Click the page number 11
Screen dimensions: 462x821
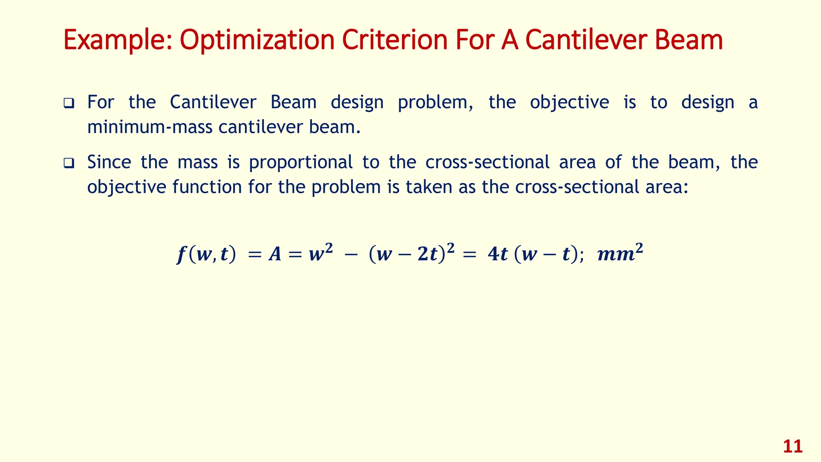(x=793, y=447)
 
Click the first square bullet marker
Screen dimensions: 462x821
(x=69, y=103)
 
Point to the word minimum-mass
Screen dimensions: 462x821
(x=150, y=127)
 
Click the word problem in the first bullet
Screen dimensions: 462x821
(x=436, y=102)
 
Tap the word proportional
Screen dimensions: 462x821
(x=301, y=162)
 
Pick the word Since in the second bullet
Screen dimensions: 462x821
(x=109, y=162)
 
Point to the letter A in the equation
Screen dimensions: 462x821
(x=275, y=254)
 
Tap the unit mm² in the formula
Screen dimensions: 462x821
(x=620, y=253)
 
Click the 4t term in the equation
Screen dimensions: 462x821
(x=497, y=254)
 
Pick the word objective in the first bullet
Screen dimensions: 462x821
(x=569, y=102)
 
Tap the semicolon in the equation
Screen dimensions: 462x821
(x=581, y=256)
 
